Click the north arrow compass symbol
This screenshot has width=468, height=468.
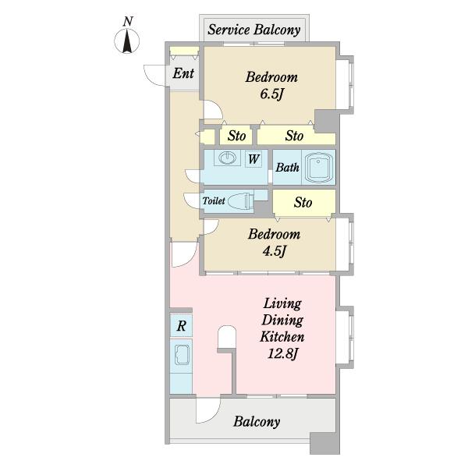tap(127, 41)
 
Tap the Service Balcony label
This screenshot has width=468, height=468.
tap(254, 30)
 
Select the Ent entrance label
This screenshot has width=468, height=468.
tap(183, 73)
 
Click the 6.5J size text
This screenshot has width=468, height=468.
tap(271, 94)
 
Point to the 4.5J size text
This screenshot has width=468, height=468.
tap(275, 251)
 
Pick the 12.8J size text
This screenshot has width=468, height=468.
tap(282, 353)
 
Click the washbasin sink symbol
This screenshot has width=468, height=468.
tap(228, 158)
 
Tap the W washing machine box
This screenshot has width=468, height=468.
tap(253, 159)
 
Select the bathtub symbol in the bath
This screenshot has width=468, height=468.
tap(319, 168)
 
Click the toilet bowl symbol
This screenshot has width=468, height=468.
tap(240, 200)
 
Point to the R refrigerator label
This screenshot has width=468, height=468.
tap(181, 325)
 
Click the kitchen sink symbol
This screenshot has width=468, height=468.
tap(182, 355)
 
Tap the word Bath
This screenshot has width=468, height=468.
tap(287, 168)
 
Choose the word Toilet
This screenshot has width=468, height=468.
tap(214, 200)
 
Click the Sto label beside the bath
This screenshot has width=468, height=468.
tap(303, 202)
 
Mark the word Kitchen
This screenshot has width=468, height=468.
tap(282, 337)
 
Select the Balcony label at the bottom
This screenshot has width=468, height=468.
tap(257, 421)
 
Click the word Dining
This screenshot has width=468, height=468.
tap(282, 321)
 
